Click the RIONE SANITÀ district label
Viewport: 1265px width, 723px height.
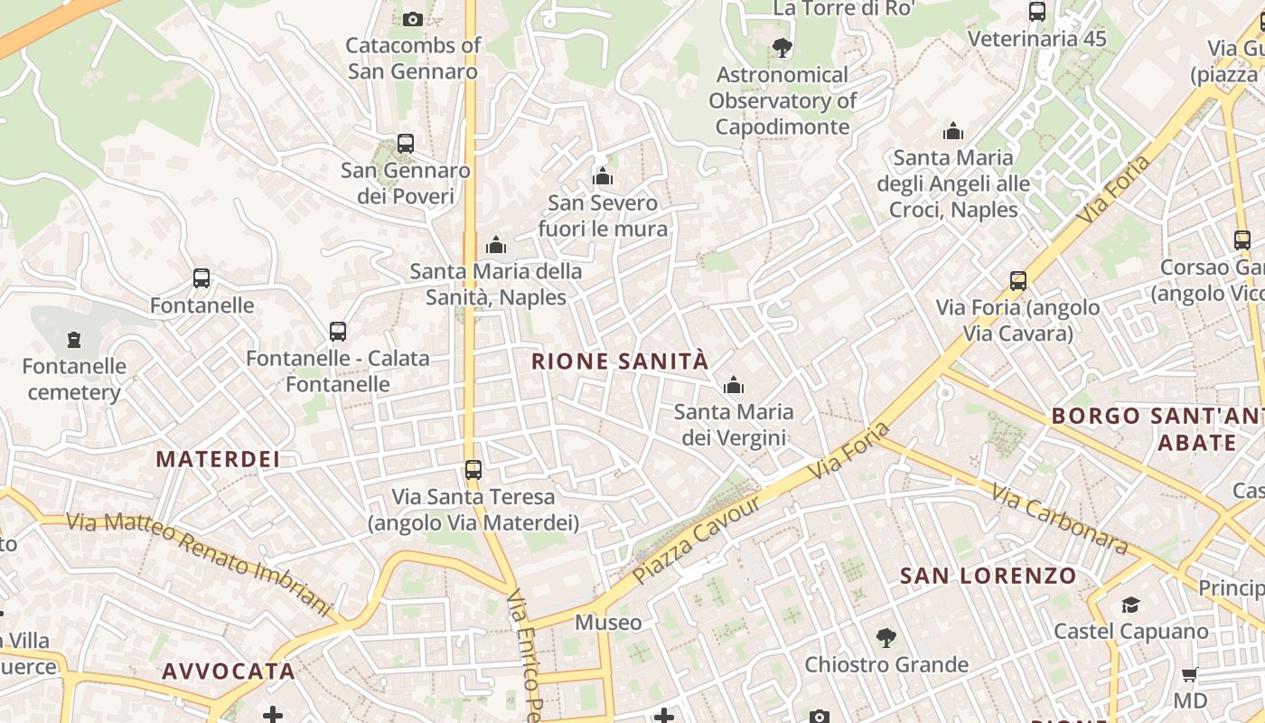(620, 361)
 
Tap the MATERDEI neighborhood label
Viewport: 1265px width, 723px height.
(218, 459)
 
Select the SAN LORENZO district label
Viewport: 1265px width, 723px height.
(988, 576)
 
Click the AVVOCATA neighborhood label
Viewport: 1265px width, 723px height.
(229, 671)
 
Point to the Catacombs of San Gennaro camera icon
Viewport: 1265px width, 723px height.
(413, 19)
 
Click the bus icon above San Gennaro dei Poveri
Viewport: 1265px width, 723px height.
(406, 144)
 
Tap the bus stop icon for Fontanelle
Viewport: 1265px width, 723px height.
(201, 278)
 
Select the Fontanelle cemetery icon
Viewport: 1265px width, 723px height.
(74, 340)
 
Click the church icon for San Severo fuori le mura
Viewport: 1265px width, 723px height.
(603, 176)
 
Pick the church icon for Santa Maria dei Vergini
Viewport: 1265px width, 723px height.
(734, 386)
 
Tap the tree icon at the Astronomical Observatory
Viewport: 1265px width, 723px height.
(782, 48)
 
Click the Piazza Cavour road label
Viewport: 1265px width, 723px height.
(697, 540)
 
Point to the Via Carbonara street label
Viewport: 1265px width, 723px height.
(1059, 520)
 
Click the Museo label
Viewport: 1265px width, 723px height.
(608, 623)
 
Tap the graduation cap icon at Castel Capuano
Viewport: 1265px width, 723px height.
(1130, 605)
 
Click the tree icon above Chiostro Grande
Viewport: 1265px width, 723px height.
(886, 638)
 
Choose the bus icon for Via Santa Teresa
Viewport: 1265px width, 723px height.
(473, 470)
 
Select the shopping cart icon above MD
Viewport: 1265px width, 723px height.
(1190, 674)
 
